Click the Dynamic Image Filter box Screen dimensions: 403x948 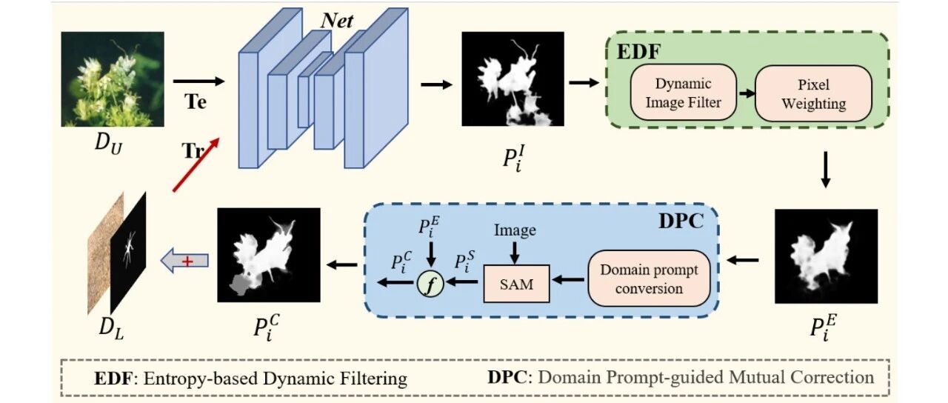[x=683, y=93]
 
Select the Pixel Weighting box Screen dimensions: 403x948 [x=812, y=93]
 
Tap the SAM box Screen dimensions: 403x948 [x=515, y=284]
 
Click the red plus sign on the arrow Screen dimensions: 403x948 [x=188, y=261]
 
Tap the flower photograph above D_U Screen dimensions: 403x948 [x=113, y=79]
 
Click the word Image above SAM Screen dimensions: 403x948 [x=515, y=230]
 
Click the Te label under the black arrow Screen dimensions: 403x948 [x=196, y=102]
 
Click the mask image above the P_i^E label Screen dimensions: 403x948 [x=826, y=256]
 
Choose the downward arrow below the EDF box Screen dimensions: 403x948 [x=827, y=170]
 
